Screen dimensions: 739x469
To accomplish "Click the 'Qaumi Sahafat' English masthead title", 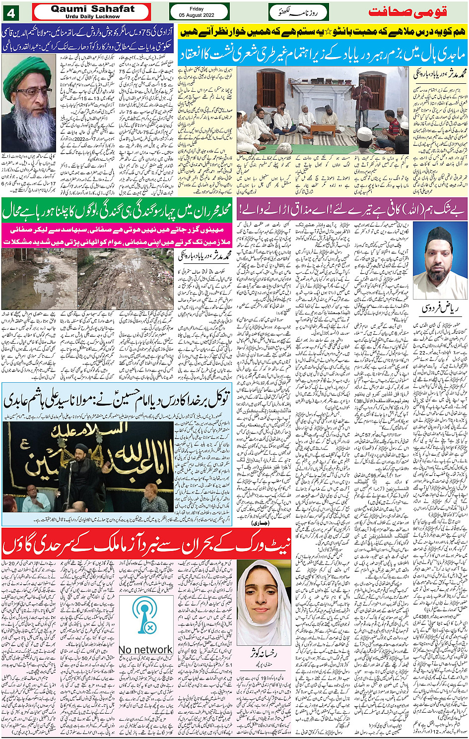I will tap(92, 8).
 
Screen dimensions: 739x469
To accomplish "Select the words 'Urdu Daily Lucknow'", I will tap(92, 16).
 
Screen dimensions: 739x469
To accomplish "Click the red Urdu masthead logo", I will tap(414, 11).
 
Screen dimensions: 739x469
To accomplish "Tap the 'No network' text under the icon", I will tap(146, 649).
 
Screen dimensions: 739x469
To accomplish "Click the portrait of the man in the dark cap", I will tap(439, 262).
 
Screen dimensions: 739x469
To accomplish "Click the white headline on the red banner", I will tap(146, 544).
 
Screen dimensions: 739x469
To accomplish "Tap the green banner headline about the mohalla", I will tap(117, 210).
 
